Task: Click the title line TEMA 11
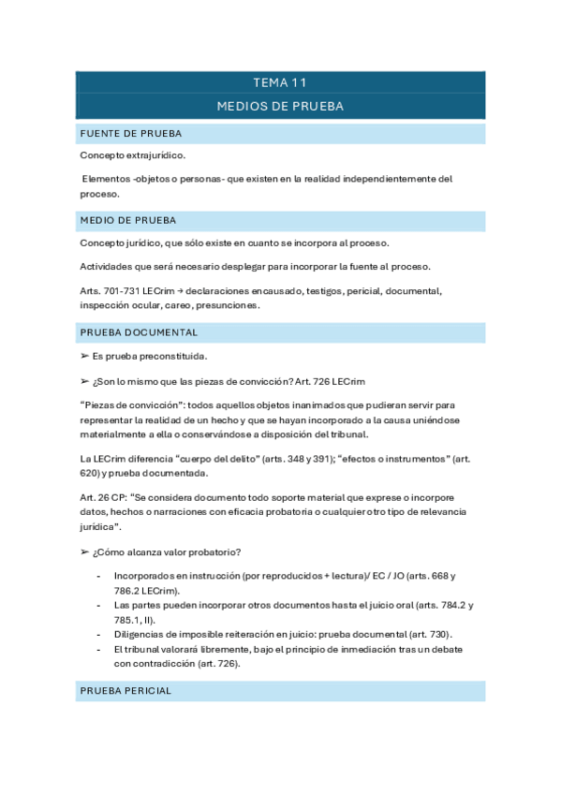point(280,82)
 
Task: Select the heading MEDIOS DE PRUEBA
point(280,107)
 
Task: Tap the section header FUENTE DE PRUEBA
point(130,134)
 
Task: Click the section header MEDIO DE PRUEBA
point(128,221)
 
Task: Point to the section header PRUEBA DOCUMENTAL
point(139,333)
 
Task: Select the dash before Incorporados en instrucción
point(99,576)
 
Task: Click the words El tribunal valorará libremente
point(184,649)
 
